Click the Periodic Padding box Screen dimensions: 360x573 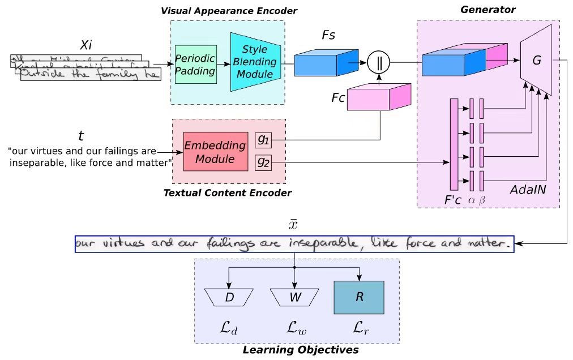[x=195, y=64]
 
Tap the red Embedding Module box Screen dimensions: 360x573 [x=215, y=151]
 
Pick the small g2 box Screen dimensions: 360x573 [x=263, y=162]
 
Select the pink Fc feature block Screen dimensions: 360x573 [x=378, y=97]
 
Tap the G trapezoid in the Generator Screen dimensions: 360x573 [x=536, y=61]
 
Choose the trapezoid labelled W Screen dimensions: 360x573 [x=293, y=297]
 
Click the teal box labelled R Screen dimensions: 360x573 [x=359, y=297]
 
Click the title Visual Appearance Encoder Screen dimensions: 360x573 [x=229, y=11]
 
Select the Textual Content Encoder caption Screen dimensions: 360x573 [x=227, y=193]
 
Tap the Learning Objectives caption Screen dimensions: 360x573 [x=300, y=350]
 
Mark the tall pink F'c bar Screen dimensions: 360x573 [x=454, y=144]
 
